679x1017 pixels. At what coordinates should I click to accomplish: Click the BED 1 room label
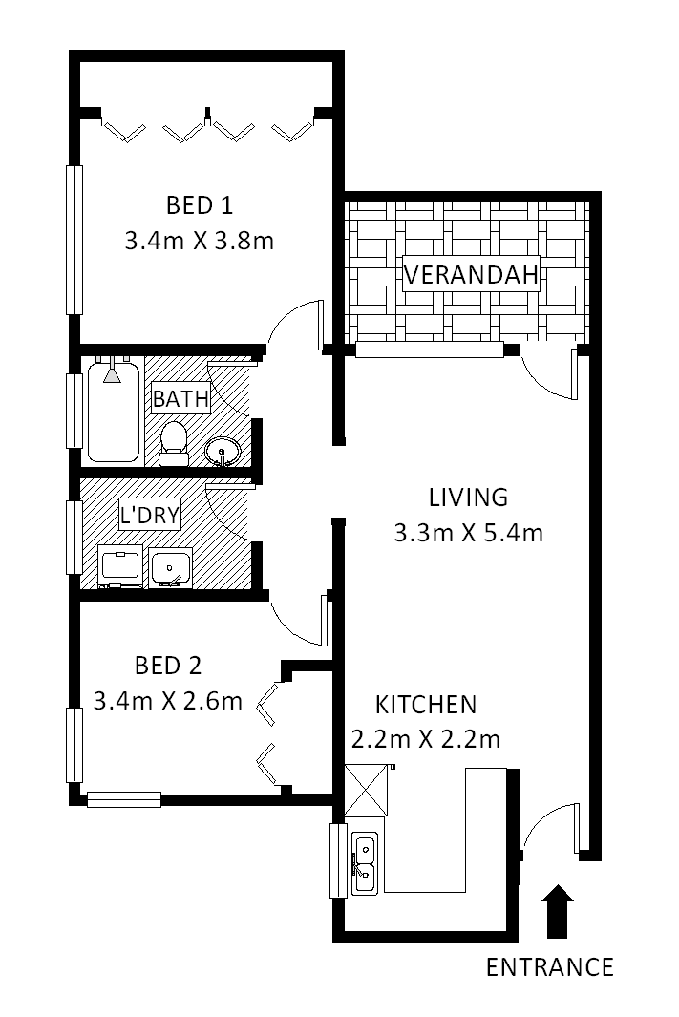(x=199, y=205)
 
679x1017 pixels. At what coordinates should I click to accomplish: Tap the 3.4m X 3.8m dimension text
(x=199, y=242)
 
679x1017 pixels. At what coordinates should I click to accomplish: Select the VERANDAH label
(x=471, y=274)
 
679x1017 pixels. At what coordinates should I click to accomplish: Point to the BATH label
(x=180, y=398)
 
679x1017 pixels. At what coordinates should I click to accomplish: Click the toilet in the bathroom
(x=173, y=444)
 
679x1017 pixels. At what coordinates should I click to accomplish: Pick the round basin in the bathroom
(x=223, y=452)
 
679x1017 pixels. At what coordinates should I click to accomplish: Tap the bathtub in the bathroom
(x=113, y=413)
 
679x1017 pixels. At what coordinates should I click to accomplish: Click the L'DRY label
(x=150, y=515)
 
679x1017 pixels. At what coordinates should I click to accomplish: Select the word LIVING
(x=468, y=498)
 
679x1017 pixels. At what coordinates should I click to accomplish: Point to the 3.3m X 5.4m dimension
(x=468, y=533)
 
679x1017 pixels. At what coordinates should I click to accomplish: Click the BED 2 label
(x=168, y=666)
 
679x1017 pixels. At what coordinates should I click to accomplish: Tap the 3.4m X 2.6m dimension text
(x=168, y=701)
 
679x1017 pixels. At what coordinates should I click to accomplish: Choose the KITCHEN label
(x=426, y=705)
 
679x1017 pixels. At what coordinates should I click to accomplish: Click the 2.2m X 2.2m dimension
(x=425, y=739)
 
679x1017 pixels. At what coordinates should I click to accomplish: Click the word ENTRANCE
(x=550, y=967)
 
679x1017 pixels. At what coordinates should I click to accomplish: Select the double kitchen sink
(x=365, y=864)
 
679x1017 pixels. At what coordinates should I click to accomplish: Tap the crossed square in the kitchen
(x=366, y=790)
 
